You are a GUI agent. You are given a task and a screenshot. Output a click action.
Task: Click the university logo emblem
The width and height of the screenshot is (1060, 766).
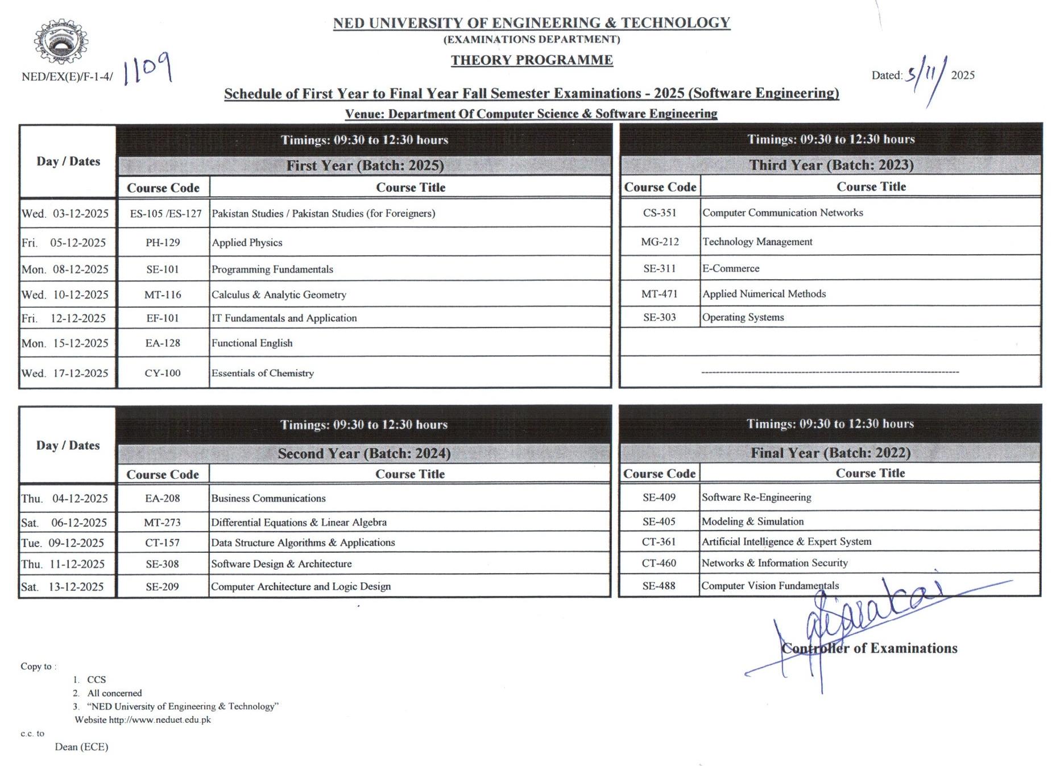coord(60,42)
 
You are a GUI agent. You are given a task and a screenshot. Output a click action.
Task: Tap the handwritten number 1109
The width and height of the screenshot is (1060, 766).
coord(147,69)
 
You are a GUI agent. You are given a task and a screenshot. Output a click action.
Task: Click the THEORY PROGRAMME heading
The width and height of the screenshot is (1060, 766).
coord(532,60)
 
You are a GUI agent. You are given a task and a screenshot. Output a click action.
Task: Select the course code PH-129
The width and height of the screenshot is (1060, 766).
coord(163,243)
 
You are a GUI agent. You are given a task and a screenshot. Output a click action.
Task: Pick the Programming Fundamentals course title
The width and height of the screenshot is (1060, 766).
coord(272,270)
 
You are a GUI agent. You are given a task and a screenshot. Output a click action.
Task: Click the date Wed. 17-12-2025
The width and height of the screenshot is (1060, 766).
coord(65,374)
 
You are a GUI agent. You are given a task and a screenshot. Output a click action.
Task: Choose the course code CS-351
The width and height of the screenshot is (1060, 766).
coord(660,213)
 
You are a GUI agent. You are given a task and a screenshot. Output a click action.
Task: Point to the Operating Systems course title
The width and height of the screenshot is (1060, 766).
coord(743,317)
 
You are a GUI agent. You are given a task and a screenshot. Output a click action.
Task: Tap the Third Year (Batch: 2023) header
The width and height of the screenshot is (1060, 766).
coord(831,165)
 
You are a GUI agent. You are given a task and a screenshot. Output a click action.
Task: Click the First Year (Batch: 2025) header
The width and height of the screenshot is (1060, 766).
coord(365,165)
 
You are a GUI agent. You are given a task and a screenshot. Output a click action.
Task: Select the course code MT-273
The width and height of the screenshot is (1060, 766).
coord(162,523)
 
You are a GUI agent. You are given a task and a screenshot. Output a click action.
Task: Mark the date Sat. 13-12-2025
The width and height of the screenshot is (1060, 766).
coord(63,587)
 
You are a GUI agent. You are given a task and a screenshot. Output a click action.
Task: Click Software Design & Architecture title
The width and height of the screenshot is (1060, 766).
coord(281,564)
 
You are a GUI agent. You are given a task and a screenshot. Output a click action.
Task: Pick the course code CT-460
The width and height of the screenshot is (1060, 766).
coord(659,563)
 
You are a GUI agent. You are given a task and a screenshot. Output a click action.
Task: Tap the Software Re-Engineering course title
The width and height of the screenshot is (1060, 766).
coord(756,498)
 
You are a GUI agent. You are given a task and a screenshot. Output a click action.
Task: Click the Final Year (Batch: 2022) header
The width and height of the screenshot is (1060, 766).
coord(830,453)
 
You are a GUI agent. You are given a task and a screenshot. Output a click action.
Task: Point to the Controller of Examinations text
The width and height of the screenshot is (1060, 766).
coord(869,648)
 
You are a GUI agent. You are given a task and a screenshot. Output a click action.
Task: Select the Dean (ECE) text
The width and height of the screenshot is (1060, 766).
coord(81,747)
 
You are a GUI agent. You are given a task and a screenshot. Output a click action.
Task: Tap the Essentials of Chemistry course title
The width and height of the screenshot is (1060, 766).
coord(262,374)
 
